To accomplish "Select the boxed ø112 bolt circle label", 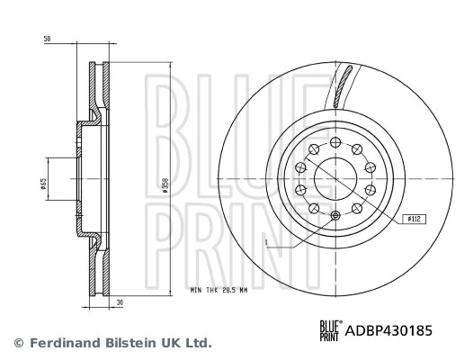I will coord(415,217).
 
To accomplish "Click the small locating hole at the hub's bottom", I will coord(335,215).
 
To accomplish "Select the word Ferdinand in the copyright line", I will coord(55,343).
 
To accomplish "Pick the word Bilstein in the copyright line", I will coord(119,343).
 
